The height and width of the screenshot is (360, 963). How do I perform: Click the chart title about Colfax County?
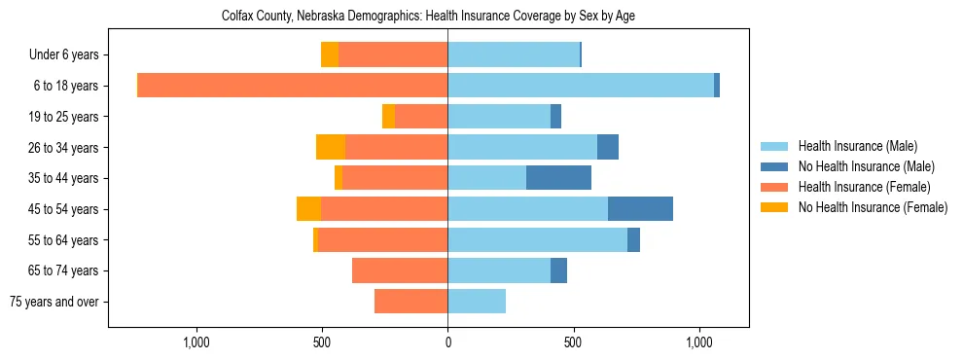[428, 17]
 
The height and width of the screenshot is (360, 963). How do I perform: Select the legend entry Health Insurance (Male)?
[851, 146]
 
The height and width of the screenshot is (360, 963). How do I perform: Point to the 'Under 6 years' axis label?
[63, 55]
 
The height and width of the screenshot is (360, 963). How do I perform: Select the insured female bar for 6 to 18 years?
[292, 86]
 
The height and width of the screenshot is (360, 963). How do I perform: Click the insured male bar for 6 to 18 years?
[581, 86]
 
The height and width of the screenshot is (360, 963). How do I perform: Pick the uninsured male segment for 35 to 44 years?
[558, 178]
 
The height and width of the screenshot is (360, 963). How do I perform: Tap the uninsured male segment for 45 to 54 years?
[640, 209]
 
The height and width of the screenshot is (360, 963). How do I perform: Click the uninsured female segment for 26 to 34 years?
[331, 147]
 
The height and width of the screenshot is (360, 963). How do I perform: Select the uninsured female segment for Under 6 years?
[330, 55]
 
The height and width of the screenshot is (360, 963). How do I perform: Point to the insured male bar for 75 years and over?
[477, 302]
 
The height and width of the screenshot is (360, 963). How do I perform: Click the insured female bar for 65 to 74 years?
[400, 270]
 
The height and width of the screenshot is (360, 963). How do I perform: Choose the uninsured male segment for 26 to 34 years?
[608, 147]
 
